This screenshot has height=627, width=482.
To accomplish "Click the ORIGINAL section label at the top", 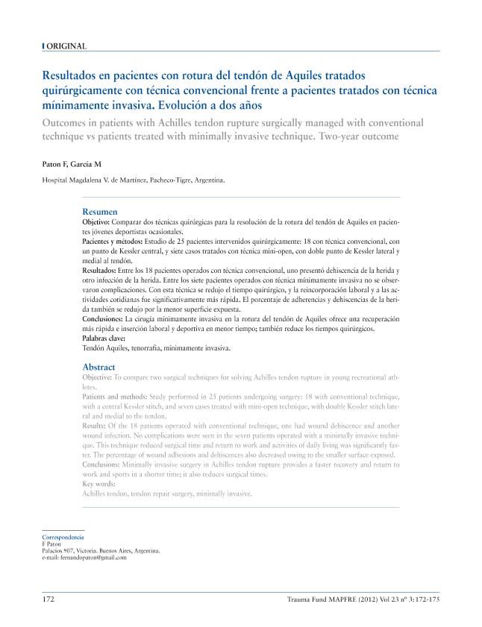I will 66,46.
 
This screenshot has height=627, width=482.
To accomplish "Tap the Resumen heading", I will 99,212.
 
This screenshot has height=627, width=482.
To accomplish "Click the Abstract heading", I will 98,367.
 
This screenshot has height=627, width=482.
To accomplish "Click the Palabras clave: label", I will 103,338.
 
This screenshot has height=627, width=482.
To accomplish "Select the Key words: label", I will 97,484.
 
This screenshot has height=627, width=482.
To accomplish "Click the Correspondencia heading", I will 63,537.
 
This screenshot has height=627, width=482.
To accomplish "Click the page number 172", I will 48,599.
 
